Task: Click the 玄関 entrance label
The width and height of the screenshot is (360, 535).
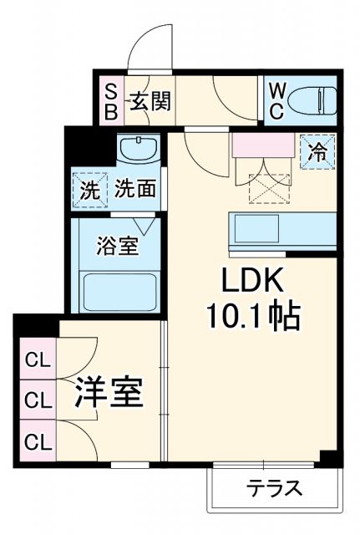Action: coord(150,103)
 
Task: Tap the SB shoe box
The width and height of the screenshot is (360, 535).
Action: coord(110,103)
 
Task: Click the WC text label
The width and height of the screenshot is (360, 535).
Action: coord(278,102)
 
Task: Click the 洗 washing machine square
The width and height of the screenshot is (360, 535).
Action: coord(89,189)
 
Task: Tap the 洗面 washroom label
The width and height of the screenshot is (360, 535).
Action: coord(134,189)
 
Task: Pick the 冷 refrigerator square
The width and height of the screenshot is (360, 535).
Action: coord(318,151)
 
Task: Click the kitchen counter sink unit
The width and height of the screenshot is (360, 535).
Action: coord(283,228)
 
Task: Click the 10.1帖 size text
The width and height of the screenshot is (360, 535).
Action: coord(250,315)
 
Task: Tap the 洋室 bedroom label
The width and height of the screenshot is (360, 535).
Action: coord(109,391)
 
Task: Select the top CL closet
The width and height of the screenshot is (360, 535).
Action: coord(36,361)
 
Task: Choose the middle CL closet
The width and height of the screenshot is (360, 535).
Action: coord(36,400)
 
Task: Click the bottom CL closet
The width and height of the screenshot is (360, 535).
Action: coord(36,439)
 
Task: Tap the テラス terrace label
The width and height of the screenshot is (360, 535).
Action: coord(273,489)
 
